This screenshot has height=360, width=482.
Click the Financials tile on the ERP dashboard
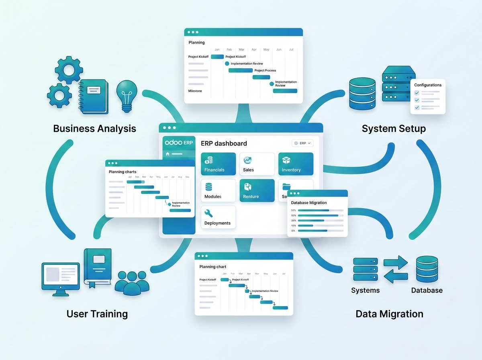218,164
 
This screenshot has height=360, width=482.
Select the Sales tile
257,164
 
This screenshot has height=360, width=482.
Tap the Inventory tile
295,164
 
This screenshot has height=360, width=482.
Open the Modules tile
218,190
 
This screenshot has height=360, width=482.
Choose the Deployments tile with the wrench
218,217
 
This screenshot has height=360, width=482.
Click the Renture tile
257,190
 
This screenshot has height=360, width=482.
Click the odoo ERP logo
179,143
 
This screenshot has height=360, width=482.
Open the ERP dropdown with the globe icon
302,143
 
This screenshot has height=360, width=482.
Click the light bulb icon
127,94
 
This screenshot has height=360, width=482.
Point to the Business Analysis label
94,129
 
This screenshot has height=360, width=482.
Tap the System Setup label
394,129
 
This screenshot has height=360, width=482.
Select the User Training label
97,314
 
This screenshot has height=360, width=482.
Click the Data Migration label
389,314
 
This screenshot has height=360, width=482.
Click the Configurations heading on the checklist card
428,85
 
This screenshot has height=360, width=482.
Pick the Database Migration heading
309,203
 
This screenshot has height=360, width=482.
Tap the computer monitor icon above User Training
60,277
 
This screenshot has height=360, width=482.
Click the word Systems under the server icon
365,290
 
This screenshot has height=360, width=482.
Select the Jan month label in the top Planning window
217,50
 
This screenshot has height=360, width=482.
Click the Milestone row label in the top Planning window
195,91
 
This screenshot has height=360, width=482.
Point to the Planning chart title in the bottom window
213,266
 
